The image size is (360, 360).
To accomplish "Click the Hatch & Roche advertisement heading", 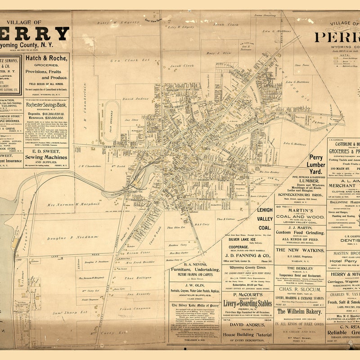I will tap(47, 58).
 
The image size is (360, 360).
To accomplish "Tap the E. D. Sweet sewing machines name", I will tap(47, 152).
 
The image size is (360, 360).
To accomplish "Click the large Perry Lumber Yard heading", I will tap(323, 164).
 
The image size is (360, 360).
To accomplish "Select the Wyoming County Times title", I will tap(247, 267).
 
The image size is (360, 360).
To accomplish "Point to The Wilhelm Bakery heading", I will tap(300, 311).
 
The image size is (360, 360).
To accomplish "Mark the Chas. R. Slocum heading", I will tap(300, 289).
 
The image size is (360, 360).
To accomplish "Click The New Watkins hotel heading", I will tap(300, 249).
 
